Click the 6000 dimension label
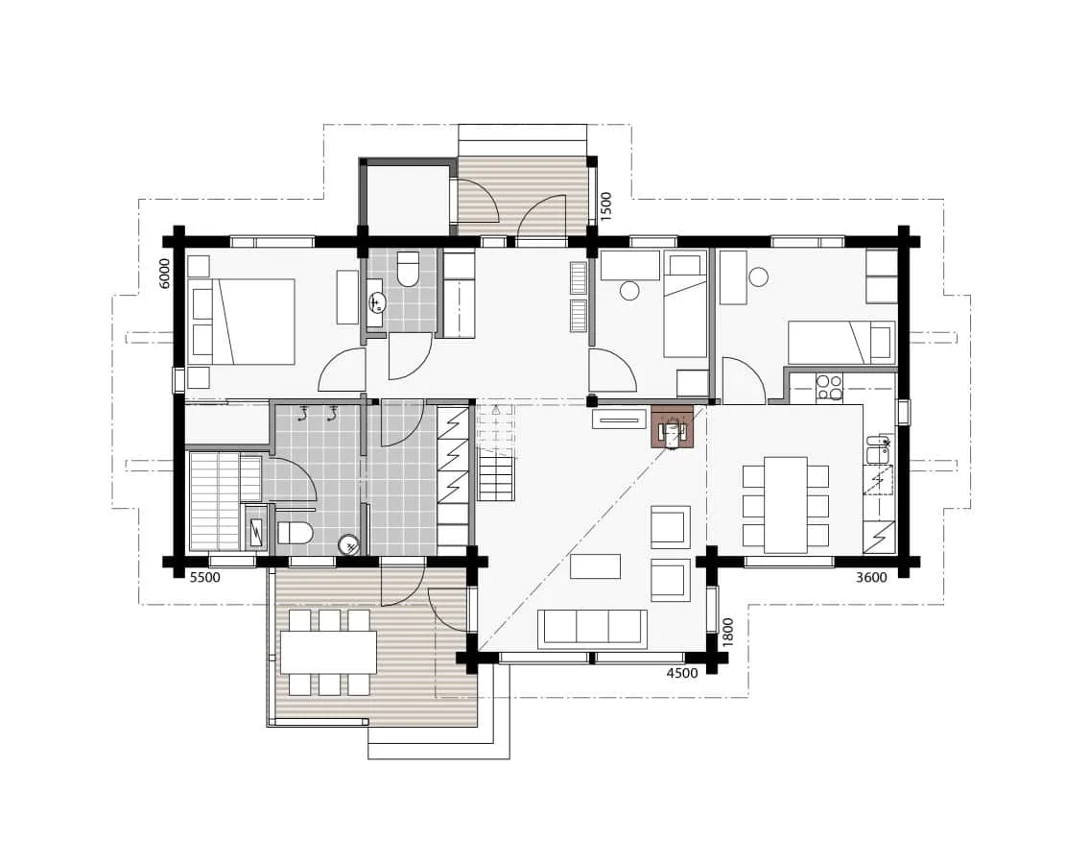pos(164,274)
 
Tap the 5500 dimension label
pos(204,578)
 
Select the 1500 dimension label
pos(605,206)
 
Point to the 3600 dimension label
pos(870,578)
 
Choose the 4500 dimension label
pos(681,673)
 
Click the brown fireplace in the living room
pos(673,427)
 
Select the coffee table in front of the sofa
pos(595,566)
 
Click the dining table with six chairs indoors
pos(786,504)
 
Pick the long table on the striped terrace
pos(328,653)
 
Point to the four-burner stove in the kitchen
pos(829,386)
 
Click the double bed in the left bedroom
pos(243,322)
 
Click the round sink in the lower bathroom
pos(350,546)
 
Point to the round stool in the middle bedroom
pos(630,291)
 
